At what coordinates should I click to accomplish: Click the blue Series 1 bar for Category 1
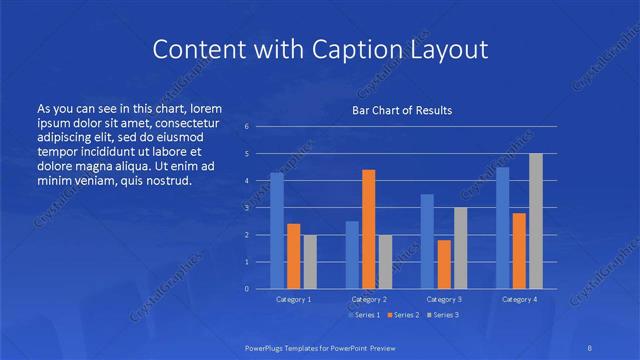[x=277, y=231]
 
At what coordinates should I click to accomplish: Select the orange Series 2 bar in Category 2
[x=368, y=229]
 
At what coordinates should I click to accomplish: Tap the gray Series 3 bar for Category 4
[x=536, y=221]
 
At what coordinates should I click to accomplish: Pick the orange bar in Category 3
[x=443, y=264]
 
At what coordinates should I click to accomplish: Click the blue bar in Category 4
[x=503, y=228]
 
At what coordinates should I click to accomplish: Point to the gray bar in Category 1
[x=310, y=262]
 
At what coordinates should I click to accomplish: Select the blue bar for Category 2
[x=352, y=255]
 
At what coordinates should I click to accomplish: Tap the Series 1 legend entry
[x=365, y=315]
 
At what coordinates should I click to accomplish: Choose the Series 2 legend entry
[x=404, y=315]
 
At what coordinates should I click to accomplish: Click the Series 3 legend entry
[x=443, y=315]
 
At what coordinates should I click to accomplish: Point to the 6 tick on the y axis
[x=247, y=127]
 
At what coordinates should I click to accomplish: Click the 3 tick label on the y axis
[x=247, y=208]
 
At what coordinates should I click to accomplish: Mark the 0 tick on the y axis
[x=247, y=289]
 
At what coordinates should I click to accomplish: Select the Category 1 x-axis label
[x=294, y=299]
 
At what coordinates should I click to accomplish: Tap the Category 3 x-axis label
[x=444, y=299]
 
